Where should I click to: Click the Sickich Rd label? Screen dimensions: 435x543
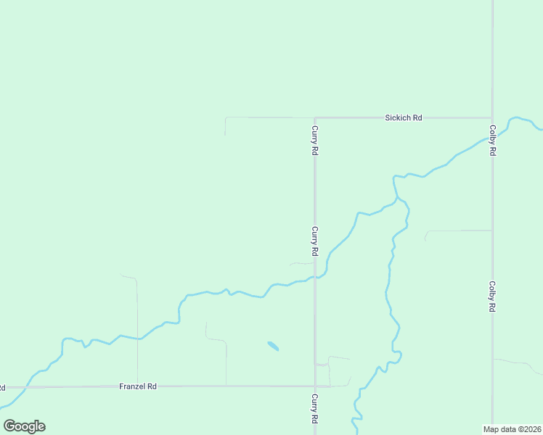pos(404,117)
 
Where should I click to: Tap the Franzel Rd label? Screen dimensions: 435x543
pos(138,386)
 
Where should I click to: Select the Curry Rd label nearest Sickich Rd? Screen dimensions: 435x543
pos(315,141)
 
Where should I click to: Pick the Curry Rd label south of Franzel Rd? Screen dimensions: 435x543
pos(315,409)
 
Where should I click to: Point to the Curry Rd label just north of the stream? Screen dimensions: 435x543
pos(315,241)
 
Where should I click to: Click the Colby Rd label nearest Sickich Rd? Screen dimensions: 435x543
pos(492,141)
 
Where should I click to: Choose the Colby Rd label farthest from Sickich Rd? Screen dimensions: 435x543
pos(492,297)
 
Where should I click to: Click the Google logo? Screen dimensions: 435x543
pos(24,426)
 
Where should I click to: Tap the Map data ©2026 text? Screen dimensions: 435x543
pos(512,428)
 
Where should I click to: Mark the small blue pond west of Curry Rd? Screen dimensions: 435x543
pos(273,346)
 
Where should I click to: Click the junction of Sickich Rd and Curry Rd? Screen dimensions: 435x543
pos(314,117)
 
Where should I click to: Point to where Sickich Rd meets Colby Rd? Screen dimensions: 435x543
pos(492,117)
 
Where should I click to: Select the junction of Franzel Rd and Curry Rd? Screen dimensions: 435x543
pos(314,386)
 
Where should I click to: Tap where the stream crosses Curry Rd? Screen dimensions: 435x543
pos(314,277)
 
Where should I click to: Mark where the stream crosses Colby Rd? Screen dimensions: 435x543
pos(492,136)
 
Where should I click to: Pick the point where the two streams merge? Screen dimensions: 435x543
pos(397,198)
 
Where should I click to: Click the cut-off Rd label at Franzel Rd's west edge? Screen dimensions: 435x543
pos(2,387)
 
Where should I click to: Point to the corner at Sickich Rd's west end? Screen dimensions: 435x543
pos(226,117)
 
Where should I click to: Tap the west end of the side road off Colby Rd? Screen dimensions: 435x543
pos(426,233)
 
